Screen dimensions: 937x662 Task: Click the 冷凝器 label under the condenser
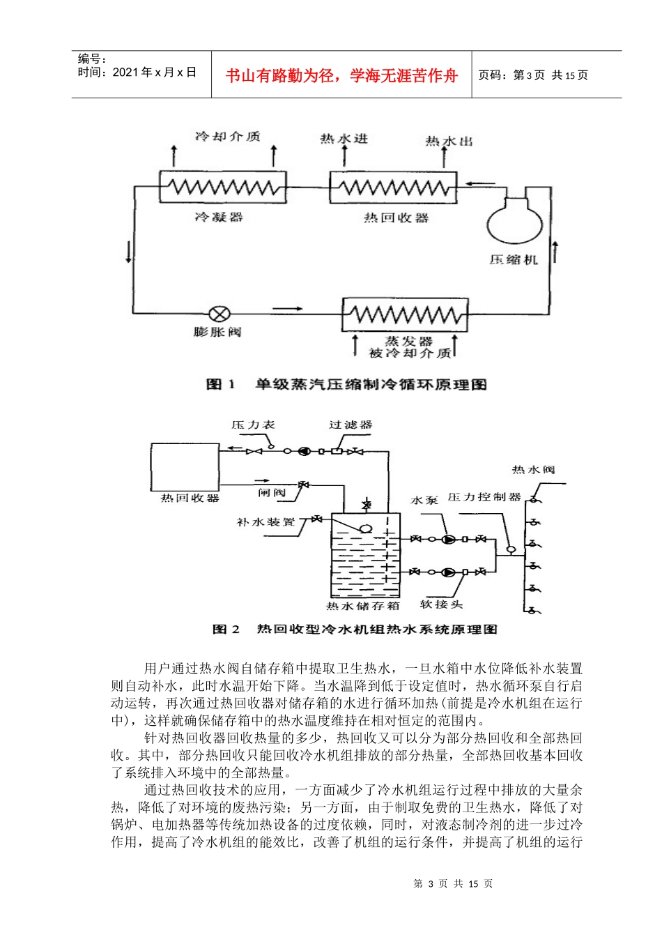coord(219,217)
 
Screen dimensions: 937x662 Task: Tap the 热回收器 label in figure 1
coord(396,218)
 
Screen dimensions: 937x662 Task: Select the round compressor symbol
coord(514,222)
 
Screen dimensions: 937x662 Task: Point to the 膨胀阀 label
coord(217,332)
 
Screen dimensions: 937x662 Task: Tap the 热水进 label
coord(344,139)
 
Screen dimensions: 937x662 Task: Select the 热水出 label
coord(449,141)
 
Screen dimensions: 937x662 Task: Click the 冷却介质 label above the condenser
coord(227,137)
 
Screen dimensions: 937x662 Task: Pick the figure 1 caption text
coord(346,384)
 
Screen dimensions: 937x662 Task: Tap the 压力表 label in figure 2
coord(254,425)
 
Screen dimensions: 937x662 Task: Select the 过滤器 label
coord(351,425)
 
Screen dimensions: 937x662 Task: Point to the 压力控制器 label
coord(484,497)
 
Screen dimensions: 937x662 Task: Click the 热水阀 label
coord(533,470)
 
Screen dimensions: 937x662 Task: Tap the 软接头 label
coord(441,604)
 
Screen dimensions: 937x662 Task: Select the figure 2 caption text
coord(355,629)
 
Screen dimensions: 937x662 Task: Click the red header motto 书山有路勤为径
coord(341,75)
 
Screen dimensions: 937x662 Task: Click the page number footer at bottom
coord(453,883)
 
